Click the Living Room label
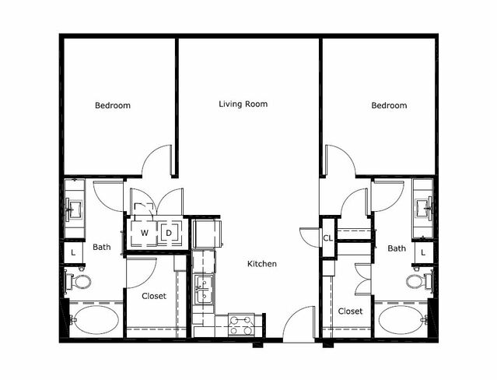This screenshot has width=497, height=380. [x=243, y=104]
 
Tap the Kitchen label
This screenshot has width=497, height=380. [x=262, y=264]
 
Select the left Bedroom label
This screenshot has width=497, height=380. [x=113, y=105]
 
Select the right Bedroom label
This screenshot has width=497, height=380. [x=389, y=105]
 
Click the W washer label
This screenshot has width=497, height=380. [x=145, y=233]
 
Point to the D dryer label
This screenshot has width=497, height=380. [x=169, y=233]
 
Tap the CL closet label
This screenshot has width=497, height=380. [x=328, y=237]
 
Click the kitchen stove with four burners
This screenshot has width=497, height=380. [x=242, y=325]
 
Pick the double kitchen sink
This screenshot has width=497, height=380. [x=203, y=290]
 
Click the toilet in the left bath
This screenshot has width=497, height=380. [x=79, y=281]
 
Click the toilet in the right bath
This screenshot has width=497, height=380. [x=419, y=281]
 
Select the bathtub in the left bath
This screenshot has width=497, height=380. [x=94, y=320]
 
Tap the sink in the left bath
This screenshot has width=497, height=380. [x=74, y=209]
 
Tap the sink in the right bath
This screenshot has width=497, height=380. [x=423, y=209]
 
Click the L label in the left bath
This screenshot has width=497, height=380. [x=73, y=253]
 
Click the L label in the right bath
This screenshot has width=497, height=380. [x=423, y=253]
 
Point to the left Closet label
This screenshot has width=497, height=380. [x=154, y=296]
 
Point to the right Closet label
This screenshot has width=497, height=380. [x=350, y=311]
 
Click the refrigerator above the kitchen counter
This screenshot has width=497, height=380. [x=207, y=234]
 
